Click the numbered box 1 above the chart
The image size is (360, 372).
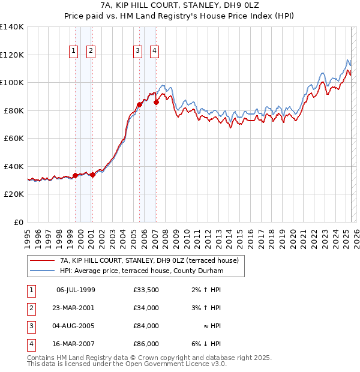(x=73, y=52)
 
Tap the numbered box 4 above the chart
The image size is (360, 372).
(x=154, y=52)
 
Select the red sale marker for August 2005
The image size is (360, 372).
(x=139, y=104)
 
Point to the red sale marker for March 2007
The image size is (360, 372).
(x=156, y=102)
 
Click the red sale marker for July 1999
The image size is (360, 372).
(x=75, y=175)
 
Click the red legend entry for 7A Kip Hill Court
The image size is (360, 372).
(x=149, y=260)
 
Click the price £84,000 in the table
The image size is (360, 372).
(x=146, y=326)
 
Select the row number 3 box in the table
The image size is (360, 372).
(x=30, y=326)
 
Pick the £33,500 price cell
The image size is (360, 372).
(x=146, y=290)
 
